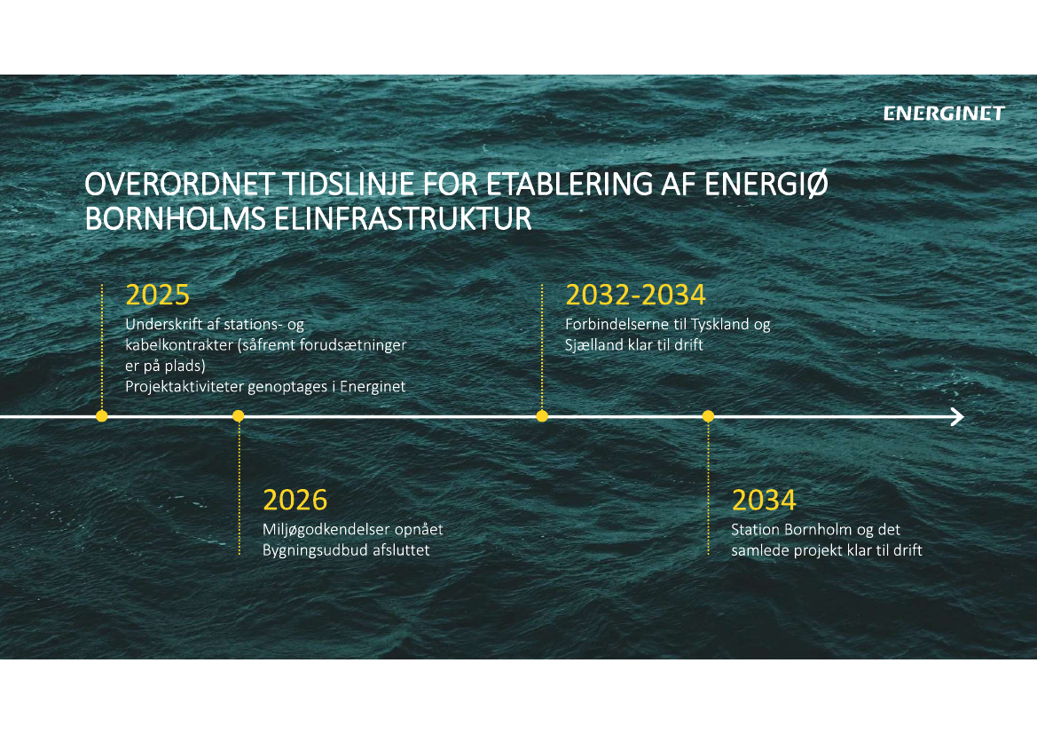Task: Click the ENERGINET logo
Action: [x=944, y=114]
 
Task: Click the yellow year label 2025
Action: [x=157, y=296]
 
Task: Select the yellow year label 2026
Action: [x=295, y=501]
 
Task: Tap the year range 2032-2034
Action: [x=635, y=296]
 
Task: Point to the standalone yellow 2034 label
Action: [x=764, y=501]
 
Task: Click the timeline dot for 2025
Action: [x=102, y=416]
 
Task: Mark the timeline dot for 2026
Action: [x=239, y=416]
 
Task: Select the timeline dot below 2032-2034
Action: [x=542, y=416]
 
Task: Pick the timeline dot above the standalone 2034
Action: [x=708, y=416]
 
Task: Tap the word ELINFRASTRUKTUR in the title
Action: [x=402, y=219]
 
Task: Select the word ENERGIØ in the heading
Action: [x=766, y=184]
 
